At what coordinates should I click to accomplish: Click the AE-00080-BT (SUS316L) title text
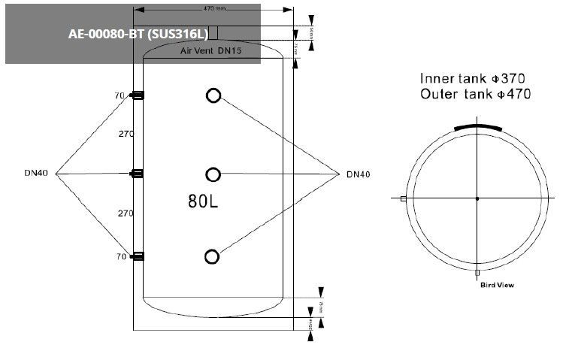coord(138,35)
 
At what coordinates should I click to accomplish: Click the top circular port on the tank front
coord(213,95)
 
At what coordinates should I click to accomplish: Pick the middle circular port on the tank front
coord(213,174)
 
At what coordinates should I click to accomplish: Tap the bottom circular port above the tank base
coord(213,257)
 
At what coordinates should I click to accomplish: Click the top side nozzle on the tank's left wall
coord(138,95)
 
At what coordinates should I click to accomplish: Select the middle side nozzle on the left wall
coord(138,174)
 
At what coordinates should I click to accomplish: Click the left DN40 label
coord(36,174)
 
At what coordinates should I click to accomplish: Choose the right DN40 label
coord(358,174)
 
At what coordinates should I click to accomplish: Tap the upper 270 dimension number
coord(126,134)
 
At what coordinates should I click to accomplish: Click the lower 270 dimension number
coord(126,213)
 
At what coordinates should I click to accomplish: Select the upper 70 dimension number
coord(119,95)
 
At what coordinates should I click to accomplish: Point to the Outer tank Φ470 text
coord(475,95)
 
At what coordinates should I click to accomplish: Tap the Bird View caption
coord(497,285)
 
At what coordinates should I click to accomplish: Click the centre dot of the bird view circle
coord(477,198)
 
